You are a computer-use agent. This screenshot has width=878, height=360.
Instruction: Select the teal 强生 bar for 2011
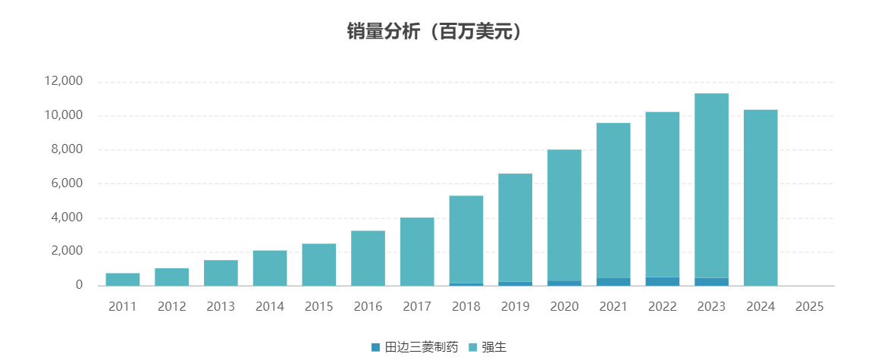click(123, 279)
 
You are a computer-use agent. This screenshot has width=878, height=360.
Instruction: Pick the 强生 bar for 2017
click(417, 252)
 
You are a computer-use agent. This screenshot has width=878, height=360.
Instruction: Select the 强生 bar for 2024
click(760, 198)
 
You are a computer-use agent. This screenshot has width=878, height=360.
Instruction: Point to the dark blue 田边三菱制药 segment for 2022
click(663, 281)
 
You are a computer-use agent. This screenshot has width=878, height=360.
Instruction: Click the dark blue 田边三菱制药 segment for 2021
click(613, 281)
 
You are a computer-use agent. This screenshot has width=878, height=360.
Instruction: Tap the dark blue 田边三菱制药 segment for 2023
click(711, 281)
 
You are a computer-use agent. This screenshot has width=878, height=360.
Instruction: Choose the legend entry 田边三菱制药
click(415, 347)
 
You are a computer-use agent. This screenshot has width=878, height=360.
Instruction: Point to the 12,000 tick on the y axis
click(64, 81)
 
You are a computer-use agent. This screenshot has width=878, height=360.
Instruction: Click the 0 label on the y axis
click(78, 286)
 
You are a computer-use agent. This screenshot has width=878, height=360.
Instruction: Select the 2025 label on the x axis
click(809, 306)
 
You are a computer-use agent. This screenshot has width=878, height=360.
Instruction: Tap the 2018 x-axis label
click(466, 306)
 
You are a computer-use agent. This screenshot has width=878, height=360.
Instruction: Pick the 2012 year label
click(171, 306)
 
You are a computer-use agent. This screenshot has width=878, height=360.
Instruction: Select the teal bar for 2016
click(368, 258)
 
